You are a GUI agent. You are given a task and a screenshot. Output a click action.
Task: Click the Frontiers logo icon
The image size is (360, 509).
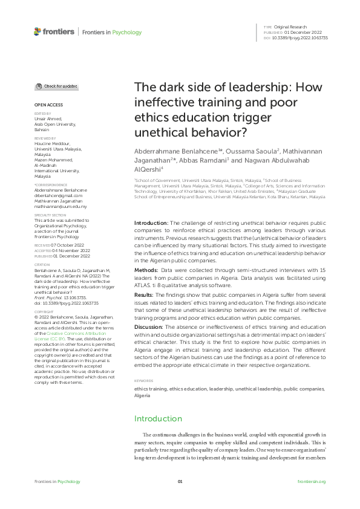coord(38,31)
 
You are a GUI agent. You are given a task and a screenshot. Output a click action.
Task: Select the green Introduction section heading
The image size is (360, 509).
coord(158,418)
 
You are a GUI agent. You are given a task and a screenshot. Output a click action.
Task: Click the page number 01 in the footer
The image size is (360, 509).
coord(180,481)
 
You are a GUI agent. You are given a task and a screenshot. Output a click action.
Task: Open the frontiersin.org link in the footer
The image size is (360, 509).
coord(312,481)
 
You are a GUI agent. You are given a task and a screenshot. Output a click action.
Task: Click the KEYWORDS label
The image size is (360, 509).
coord(143,364)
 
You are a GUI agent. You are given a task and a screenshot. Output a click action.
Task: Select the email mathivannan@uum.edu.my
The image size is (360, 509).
coord(61,207)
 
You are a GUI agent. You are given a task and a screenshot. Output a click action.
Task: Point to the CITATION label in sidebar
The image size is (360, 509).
coord(42,264)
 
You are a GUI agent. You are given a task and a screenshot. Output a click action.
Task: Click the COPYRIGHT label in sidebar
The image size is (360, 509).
coord(44,312)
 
